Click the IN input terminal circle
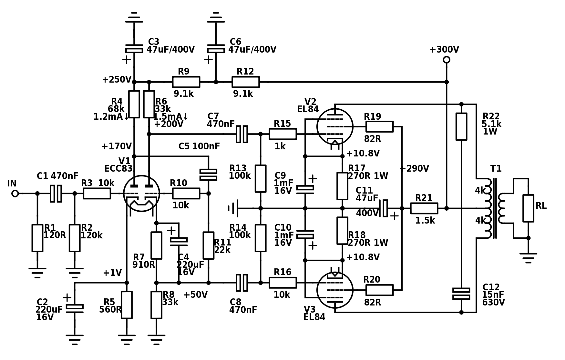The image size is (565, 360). (15, 194)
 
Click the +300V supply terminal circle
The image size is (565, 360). (447, 60)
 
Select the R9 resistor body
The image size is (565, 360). (186, 82)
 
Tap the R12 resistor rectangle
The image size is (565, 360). (246, 82)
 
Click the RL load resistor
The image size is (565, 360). (528, 208)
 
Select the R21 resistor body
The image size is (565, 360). (424, 208)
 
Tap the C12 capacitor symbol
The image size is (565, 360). (461, 294)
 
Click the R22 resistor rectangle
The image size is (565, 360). (461, 126)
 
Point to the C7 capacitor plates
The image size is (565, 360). (242, 134)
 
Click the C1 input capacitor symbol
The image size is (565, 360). (56, 194)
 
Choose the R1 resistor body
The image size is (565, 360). (37, 238)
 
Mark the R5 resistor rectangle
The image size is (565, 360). (127, 305)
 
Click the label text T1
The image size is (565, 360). (496, 169)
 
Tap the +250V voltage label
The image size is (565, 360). (117, 80)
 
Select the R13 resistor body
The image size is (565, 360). (261, 179)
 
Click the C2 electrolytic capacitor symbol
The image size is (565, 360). (75, 308)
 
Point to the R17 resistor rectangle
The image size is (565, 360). (342, 186)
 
